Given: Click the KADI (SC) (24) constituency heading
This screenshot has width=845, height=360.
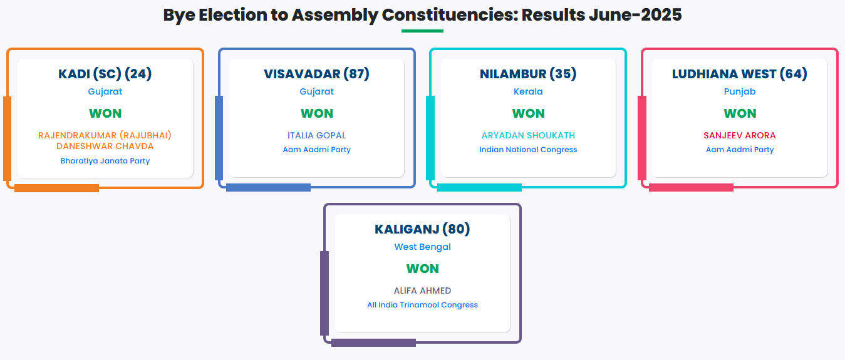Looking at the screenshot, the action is (105, 74).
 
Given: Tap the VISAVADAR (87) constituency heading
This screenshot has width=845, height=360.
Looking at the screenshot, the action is (316, 74).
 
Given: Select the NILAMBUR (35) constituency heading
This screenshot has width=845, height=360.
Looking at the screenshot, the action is (528, 74).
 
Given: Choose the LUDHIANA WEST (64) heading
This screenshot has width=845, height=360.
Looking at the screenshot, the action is (739, 74).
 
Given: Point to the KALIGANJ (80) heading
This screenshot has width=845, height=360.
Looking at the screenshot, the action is (422, 229).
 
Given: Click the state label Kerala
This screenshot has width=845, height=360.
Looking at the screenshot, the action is (528, 91).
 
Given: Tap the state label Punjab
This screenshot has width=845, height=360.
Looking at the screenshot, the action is (740, 91).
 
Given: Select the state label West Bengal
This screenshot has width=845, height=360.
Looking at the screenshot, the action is (422, 247).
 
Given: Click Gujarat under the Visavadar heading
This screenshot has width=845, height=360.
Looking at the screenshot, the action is (316, 91).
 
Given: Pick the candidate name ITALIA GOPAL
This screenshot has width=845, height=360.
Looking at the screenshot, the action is (316, 135).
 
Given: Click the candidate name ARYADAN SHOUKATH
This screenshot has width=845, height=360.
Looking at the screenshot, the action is (528, 135).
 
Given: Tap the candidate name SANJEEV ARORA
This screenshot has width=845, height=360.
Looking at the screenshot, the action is (739, 135).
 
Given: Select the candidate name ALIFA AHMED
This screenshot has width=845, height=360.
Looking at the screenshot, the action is (422, 291).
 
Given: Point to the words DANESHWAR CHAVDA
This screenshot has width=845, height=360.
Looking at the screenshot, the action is (105, 147).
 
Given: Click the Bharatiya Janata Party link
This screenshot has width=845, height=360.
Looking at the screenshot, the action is (105, 161).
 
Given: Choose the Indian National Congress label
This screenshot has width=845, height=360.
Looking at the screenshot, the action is (528, 150).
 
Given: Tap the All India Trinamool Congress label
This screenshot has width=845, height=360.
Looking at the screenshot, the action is (422, 305).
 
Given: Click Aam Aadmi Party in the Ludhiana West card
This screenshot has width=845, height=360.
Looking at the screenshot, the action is (740, 150).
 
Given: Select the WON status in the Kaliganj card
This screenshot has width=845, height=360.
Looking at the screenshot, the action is (422, 269).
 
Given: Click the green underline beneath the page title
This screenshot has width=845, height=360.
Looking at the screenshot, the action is (422, 31).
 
